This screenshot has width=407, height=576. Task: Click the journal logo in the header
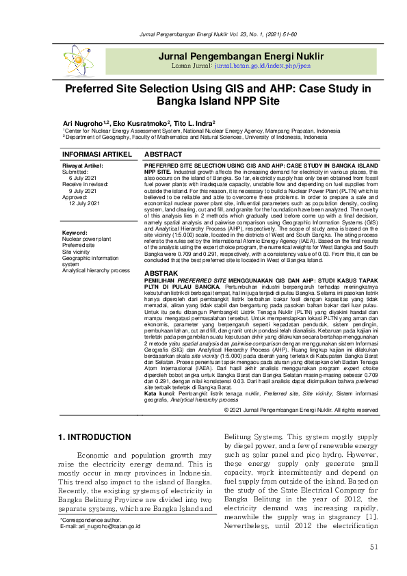78,60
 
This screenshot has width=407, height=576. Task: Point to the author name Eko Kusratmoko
137,123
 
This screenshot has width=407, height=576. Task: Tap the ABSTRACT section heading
163,155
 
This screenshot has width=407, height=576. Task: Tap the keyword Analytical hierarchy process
96,271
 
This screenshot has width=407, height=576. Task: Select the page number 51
373,547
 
